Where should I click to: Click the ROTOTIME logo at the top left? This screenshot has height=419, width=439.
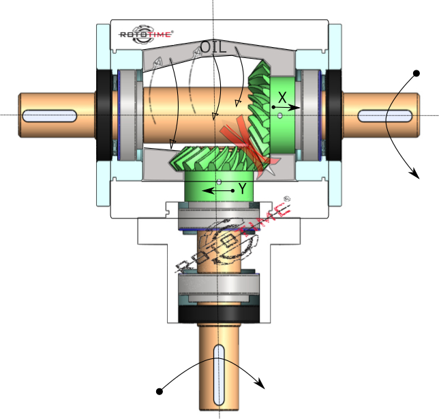pos(146,33)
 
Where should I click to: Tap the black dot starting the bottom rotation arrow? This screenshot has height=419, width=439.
pos(160,391)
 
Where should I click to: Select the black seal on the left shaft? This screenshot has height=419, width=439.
pos(104,115)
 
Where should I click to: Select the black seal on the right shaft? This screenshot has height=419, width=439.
pos(334,115)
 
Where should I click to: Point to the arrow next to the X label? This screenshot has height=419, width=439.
pos(286,108)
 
